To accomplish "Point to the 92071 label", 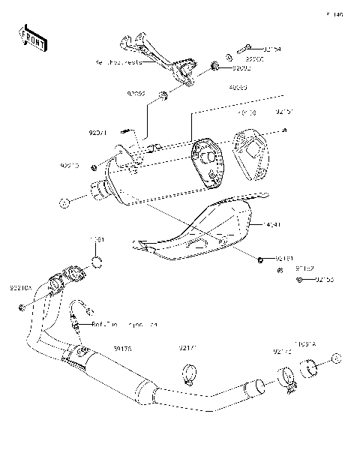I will pyautogui.click(x=98, y=133).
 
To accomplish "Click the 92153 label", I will pyautogui.click(x=324, y=280).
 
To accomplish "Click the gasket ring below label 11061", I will pyautogui.click(x=97, y=261).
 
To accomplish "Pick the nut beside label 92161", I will pyautogui.click(x=259, y=259).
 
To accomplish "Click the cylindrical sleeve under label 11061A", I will pyautogui.click(x=311, y=367).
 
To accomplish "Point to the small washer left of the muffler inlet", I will pyautogui.click(x=65, y=202).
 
